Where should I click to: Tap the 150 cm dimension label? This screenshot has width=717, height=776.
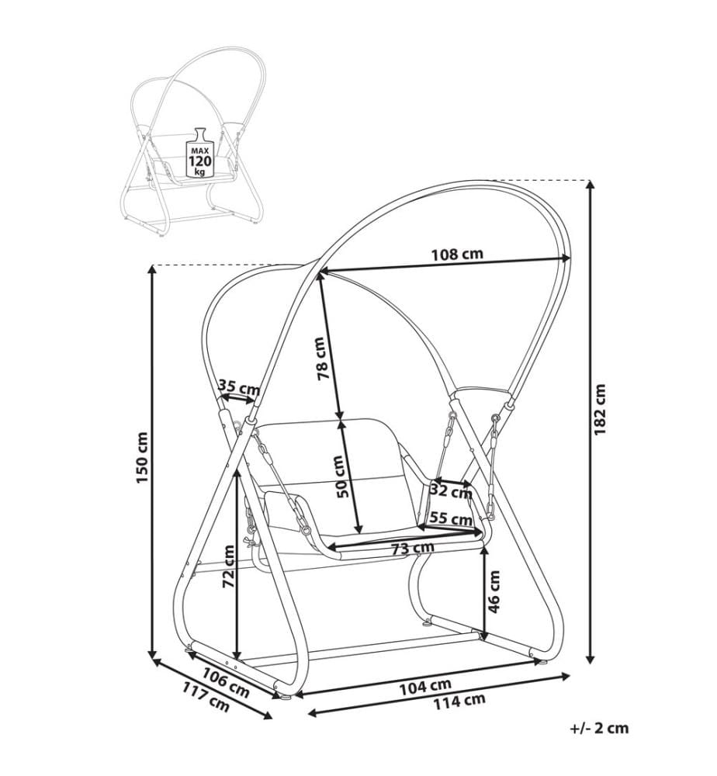(x=142, y=458)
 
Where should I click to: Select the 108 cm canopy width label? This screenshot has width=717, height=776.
(x=457, y=255)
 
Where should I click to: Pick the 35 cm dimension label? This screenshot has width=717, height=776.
(x=240, y=386)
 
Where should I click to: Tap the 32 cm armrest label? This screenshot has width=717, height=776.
(x=451, y=492)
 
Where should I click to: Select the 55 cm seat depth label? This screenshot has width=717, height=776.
(x=450, y=518)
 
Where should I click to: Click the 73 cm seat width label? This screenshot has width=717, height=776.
(x=412, y=549)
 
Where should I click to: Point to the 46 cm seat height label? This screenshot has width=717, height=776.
(x=494, y=592)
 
